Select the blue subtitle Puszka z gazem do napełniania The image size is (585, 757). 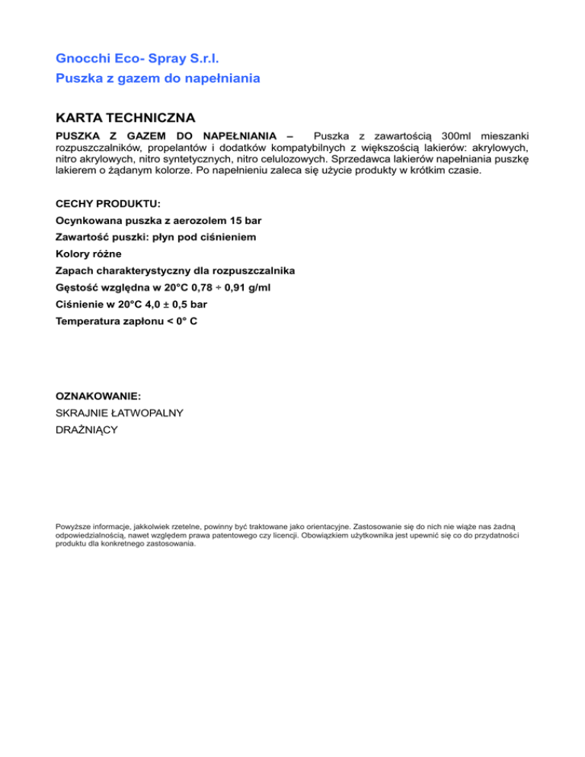pyautogui.click(x=158, y=78)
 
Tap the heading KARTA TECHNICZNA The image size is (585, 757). pyautogui.click(x=126, y=118)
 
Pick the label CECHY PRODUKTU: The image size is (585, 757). pyautogui.click(x=107, y=204)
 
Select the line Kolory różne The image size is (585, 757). pyautogui.click(x=88, y=254)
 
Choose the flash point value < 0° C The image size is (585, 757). pyautogui.click(x=181, y=321)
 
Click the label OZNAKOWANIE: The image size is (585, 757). pyautogui.click(x=98, y=397)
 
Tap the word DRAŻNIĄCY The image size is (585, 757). pyautogui.click(x=87, y=430)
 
